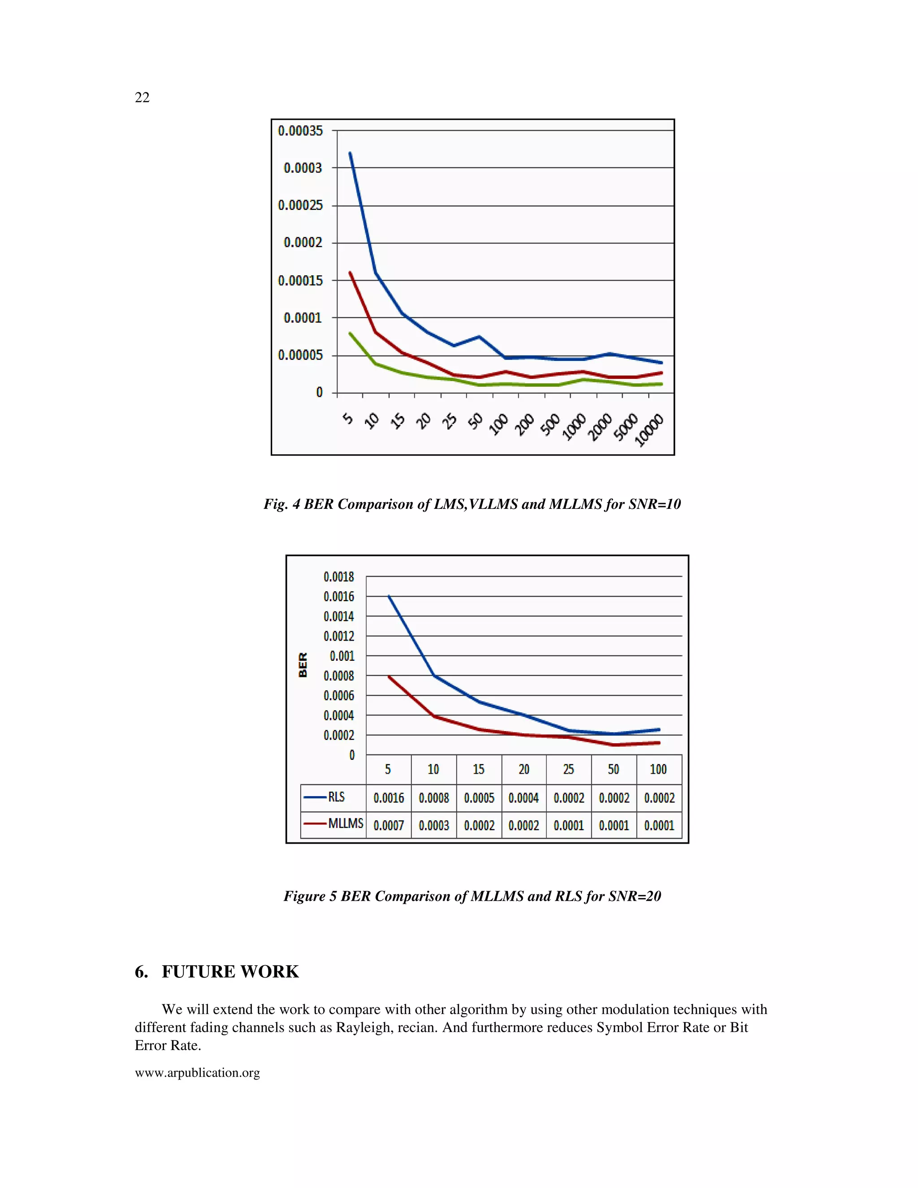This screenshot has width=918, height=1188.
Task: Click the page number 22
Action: pyautogui.click(x=142, y=97)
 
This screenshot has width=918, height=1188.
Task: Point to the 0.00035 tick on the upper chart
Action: pyautogui.click(x=300, y=130)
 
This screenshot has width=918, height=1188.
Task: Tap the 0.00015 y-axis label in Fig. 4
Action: pyautogui.click(x=300, y=281)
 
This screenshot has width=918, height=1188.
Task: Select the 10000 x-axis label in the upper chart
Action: pyautogui.click(x=650, y=430)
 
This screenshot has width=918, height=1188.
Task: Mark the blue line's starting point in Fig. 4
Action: pyautogui.click(x=350, y=153)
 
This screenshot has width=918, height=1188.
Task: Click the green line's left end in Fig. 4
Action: pyautogui.click(x=350, y=333)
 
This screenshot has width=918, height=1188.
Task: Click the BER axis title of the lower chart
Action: pyautogui.click(x=303, y=665)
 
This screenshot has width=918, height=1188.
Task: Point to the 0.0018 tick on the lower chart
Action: pyautogui.click(x=338, y=577)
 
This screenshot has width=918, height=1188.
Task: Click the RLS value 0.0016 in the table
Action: pyautogui.click(x=388, y=798)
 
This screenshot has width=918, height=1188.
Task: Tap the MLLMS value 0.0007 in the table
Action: pyautogui.click(x=388, y=825)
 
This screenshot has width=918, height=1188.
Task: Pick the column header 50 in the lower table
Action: pyautogui.click(x=614, y=769)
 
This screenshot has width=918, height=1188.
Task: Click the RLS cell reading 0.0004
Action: pyautogui.click(x=524, y=798)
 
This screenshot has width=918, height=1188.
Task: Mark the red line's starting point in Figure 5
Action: pyautogui.click(x=389, y=676)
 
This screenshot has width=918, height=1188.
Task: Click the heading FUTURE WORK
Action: pyautogui.click(x=230, y=971)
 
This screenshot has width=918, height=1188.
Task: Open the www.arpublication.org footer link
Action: pyautogui.click(x=197, y=1073)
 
